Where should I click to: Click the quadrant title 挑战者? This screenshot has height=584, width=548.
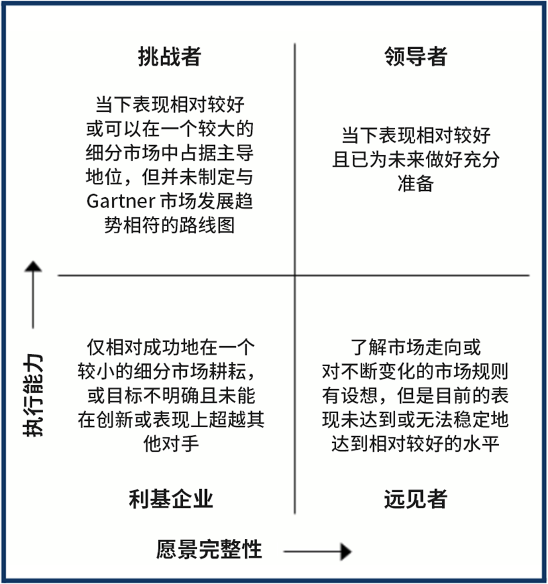pyautogui.click(x=170, y=57)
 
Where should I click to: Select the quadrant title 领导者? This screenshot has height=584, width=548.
pyautogui.click(x=415, y=57)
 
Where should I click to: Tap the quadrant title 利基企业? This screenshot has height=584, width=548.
pyautogui.click(x=170, y=499)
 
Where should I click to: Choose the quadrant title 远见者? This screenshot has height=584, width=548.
pyautogui.click(x=415, y=499)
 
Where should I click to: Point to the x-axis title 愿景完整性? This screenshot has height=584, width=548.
pyautogui.click(x=209, y=550)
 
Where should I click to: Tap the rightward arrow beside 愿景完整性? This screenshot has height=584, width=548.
pyautogui.click(x=318, y=551)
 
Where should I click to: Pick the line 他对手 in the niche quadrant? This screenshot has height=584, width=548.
pyautogui.click(x=170, y=443)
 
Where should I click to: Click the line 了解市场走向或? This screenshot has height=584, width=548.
pyautogui.click(x=415, y=348)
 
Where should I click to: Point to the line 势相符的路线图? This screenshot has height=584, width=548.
pyautogui.click(x=170, y=225)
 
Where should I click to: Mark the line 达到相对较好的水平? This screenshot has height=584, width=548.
pyautogui.click(x=415, y=443)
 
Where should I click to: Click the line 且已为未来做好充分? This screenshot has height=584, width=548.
pyautogui.click(x=415, y=159)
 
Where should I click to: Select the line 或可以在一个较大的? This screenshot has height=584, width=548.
pyautogui.click(x=170, y=128)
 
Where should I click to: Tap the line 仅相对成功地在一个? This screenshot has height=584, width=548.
pyautogui.click(x=170, y=348)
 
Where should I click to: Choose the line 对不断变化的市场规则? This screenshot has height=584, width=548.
pyautogui.click(x=415, y=371)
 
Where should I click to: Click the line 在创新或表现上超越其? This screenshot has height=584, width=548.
pyautogui.click(x=170, y=420)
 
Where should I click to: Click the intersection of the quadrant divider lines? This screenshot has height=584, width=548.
pyautogui.click(x=296, y=276)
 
